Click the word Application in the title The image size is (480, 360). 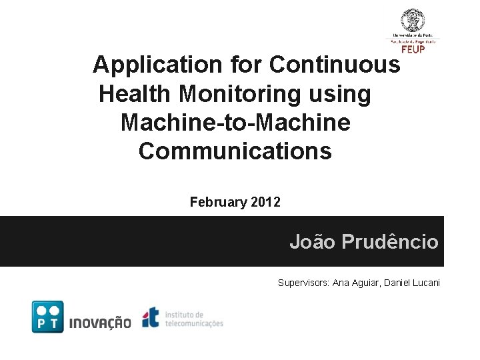pyautogui.click(x=157, y=65)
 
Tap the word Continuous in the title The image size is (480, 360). pyautogui.click(x=335, y=65)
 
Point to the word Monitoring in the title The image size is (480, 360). pyautogui.click(x=273, y=94)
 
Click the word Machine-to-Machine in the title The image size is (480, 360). pyautogui.click(x=235, y=123)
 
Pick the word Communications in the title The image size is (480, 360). pyautogui.click(x=235, y=151)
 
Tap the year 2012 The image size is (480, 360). pyautogui.click(x=266, y=201)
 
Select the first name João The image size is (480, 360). pyautogui.click(x=312, y=241)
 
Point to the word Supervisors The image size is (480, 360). pyautogui.click(x=303, y=283)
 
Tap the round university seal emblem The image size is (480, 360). pyautogui.click(x=413, y=21)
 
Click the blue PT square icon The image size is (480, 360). pyautogui.click(x=48, y=317)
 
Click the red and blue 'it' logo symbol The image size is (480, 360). pyautogui.click(x=151, y=317)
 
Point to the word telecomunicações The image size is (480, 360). pyautogui.click(x=194, y=323)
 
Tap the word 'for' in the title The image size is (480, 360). pyautogui.click(x=245, y=65)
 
